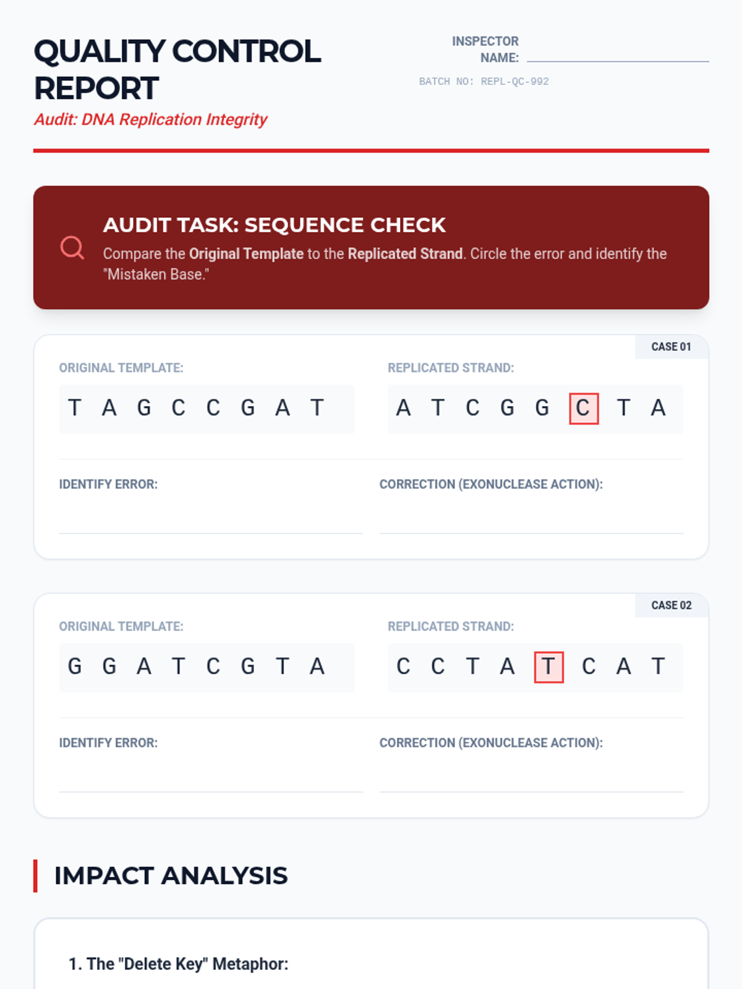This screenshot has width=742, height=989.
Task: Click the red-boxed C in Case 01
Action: point(584,408)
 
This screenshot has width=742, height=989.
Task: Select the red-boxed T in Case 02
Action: point(548,667)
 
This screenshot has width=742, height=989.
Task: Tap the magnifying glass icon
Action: point(72,247)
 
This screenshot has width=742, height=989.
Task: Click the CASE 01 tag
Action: point(671,347)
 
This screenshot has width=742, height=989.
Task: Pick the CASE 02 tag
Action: point(671,605)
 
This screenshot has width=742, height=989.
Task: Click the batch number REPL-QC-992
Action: point(514,82)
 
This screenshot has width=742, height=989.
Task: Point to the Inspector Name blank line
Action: point(618,61)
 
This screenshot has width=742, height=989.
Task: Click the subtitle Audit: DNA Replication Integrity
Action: point(150,119)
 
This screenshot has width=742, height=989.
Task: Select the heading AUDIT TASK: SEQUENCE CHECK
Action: point(275,225)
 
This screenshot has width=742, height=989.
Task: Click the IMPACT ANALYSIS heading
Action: point(171,875)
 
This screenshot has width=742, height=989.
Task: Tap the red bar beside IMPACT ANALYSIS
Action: point(35,875)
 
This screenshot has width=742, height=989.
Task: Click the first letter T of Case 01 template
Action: point(75,408)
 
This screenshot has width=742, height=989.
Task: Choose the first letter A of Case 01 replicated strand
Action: point(403,408)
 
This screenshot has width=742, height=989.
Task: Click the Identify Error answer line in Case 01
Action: point(211,533)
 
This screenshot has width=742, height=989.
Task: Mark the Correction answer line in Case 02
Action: point(532,792)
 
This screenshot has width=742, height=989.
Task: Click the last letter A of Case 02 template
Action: point(317,666)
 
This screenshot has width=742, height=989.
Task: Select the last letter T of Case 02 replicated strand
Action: point(658,666)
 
